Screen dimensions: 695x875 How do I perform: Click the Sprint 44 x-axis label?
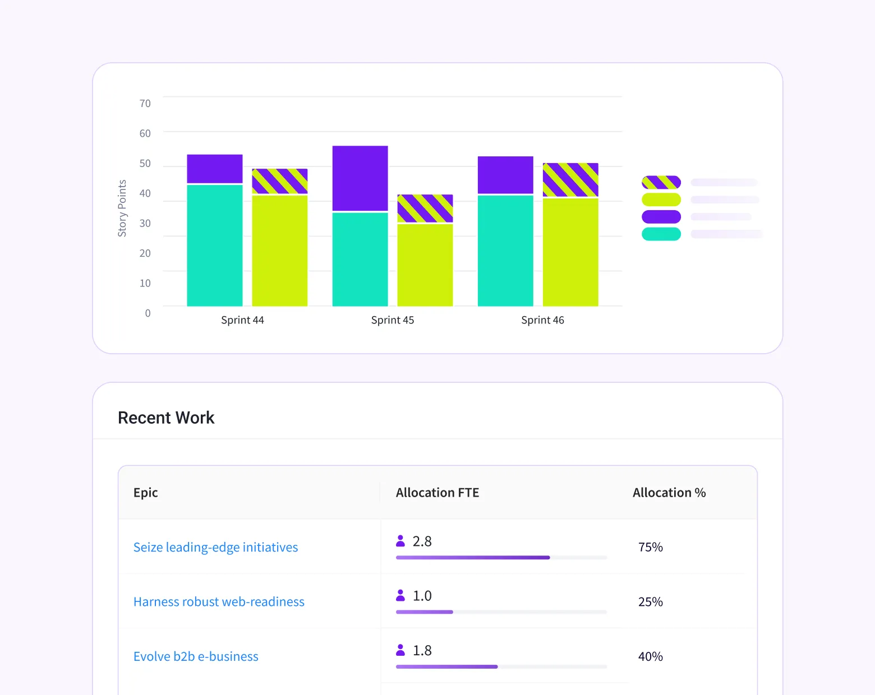(x=242, y=320)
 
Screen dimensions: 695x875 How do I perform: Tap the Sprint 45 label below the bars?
(x=393, y=320)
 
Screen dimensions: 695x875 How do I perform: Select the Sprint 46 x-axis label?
(x=542, y=320)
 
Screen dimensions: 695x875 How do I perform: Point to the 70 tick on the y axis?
(x=145, y=104)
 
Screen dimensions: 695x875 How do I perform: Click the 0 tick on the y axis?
(x=148, y=313)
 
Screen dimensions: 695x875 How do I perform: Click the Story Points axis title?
(x=122, y=208)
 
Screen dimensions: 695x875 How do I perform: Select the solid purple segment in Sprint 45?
(x=360, y=178)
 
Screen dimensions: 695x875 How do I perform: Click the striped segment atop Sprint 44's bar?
(x=279, y=181)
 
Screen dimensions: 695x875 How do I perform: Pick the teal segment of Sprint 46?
(x=505, y=250)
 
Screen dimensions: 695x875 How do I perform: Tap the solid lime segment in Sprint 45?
(x=425, y=265)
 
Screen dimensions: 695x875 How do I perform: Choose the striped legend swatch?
(x=661, y=182)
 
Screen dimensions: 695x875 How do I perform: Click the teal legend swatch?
(x=661, y=234)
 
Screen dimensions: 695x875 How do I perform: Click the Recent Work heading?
(x=166, y=418)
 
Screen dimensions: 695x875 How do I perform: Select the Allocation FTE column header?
(x=437, y=493)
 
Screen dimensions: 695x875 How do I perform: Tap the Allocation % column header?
(x=669, y=493)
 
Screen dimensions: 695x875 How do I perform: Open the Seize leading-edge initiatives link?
(x=215, y=547)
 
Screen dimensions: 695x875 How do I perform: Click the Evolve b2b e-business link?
(x=196, y=656)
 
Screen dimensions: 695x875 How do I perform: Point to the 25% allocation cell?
(x=651, y=602)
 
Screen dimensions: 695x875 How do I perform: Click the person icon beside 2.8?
(x=400, y=541)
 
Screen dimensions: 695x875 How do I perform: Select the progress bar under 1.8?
(x=501, y=666)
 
